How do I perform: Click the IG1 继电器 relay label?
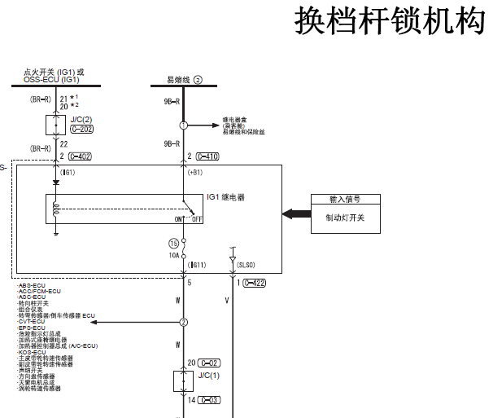(x=225, y=197)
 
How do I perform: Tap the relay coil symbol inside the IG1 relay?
(x=56, y=209)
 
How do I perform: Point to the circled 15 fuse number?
(x=172, y=244)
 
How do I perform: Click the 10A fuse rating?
(x=173, y=254)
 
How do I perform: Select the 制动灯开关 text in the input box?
(x=345, y=218)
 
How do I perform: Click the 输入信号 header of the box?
(x=345, y=199)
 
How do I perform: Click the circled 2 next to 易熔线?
(x=197, y=80)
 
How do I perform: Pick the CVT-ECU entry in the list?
(x=32, y=321)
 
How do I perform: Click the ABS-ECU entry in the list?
(x=32, y=285)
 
